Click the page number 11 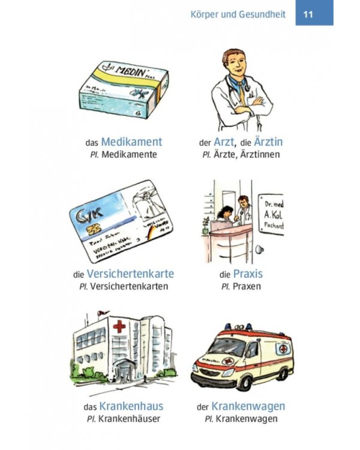[x=308, y=14]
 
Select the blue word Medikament [x=131, y=142]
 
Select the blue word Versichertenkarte [x=130, y=274]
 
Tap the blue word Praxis [x=248, y=274]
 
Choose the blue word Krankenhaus [x=131, y=406]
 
